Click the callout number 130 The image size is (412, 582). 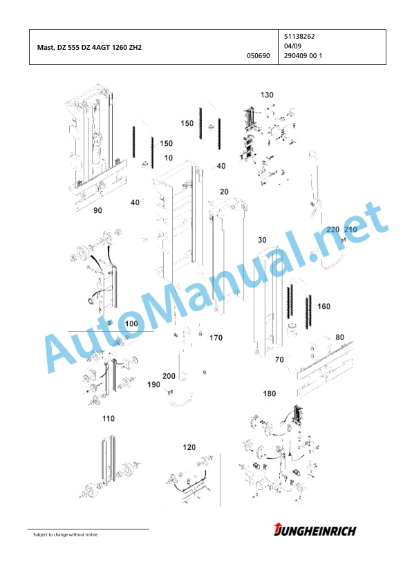[267, 95]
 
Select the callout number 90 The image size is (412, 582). [97, 210]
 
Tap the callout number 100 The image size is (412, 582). [131, 323]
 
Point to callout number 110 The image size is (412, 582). [109, 419]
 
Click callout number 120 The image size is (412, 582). [189, 448]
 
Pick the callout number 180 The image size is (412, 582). [270, 394]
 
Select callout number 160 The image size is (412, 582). [324, 307]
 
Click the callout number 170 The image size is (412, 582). [216, 338]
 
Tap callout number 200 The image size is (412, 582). [169, 377]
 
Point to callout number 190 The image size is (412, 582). [153, 385]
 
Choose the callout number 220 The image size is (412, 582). [333, 229]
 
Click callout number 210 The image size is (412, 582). [350, 229]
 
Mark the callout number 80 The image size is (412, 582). [339, 338]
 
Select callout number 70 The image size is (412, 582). [279, 359]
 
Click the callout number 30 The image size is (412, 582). [263, 240]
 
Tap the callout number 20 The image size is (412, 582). [224, 192]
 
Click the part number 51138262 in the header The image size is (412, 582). [299, 37]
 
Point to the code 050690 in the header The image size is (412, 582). [259, 56]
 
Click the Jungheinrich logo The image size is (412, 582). [315, 530]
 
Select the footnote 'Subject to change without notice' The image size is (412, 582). [66, 535]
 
